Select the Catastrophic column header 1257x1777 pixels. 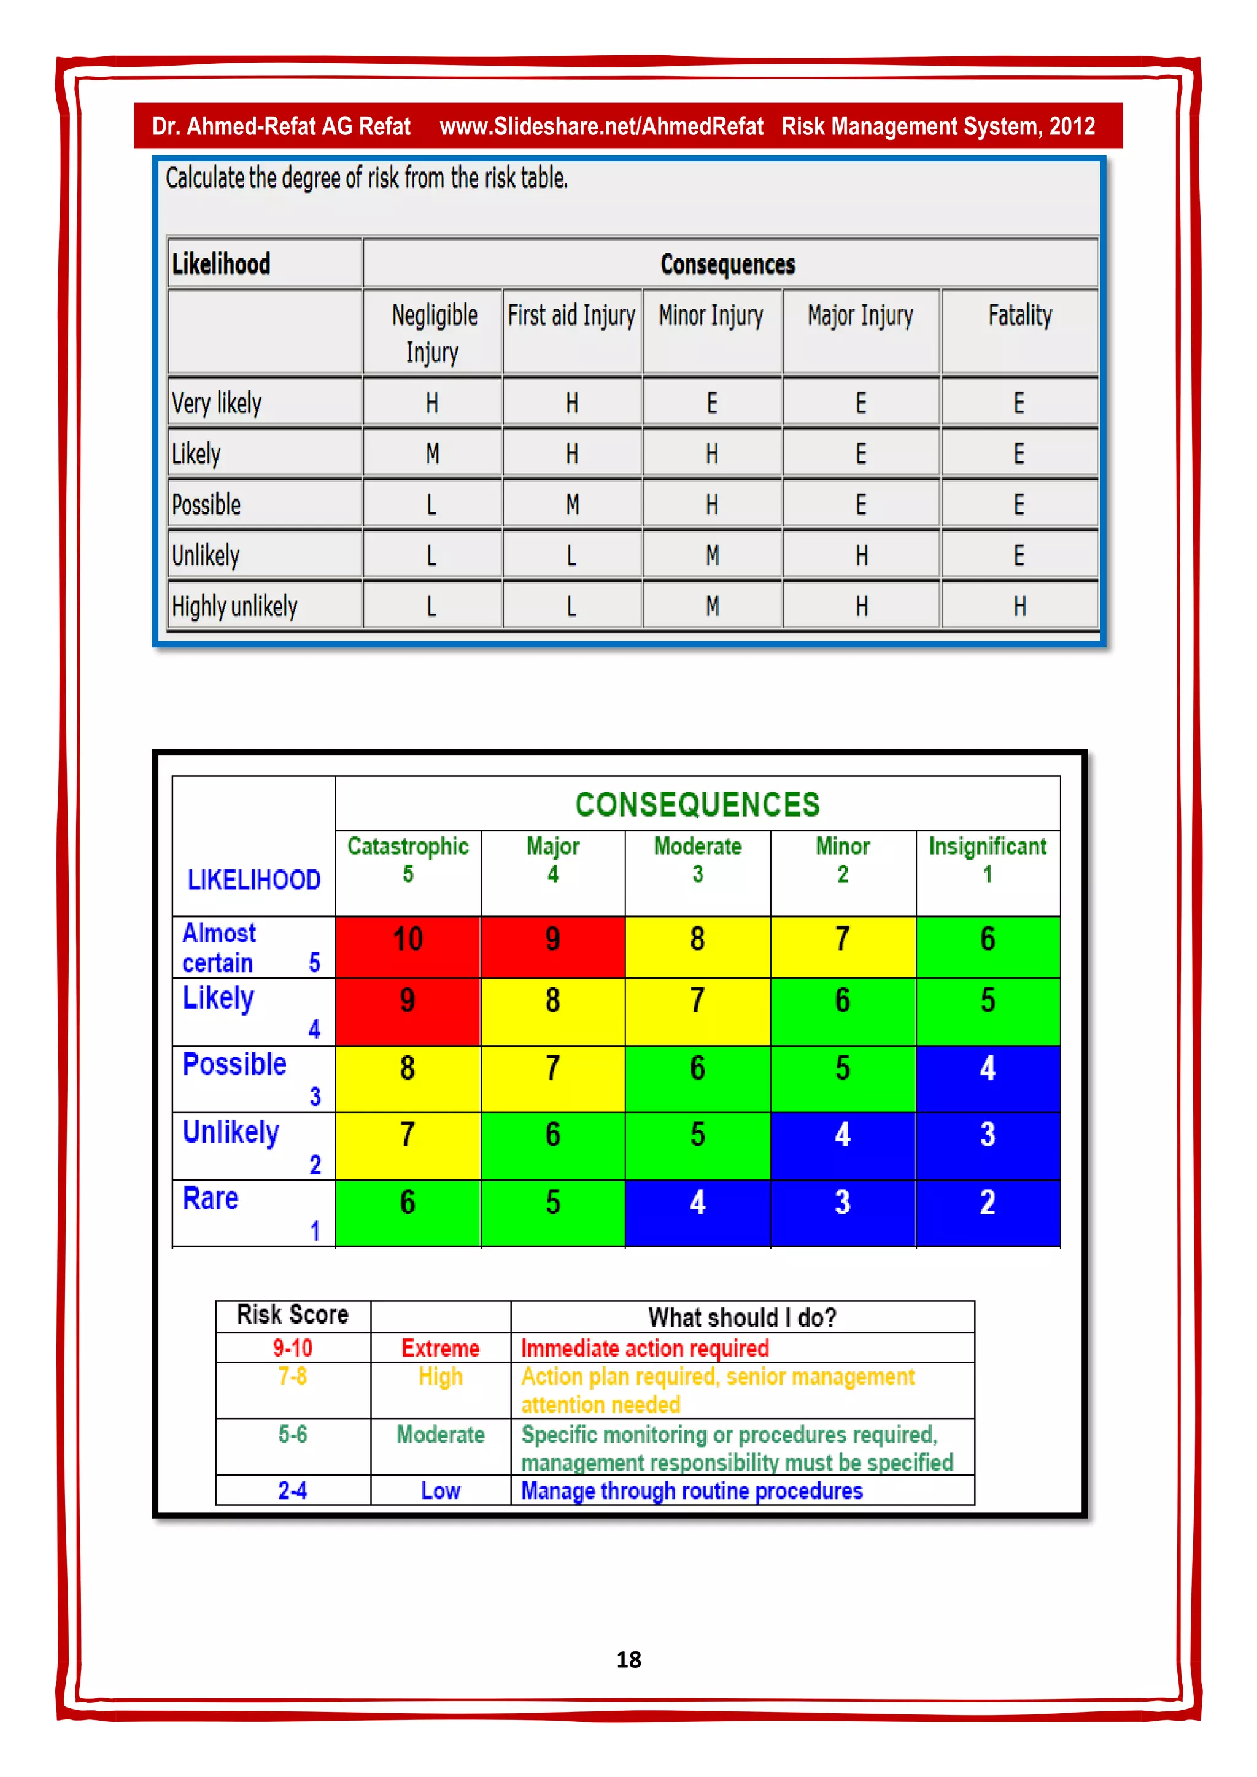[408, 859]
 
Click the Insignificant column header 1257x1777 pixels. [987, 859]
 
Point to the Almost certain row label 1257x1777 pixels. [219, 947]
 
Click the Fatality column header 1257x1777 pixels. [1019, 316]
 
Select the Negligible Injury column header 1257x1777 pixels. [433, 333]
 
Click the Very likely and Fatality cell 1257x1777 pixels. [1019, 403]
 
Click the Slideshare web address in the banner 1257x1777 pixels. [601, 126]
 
